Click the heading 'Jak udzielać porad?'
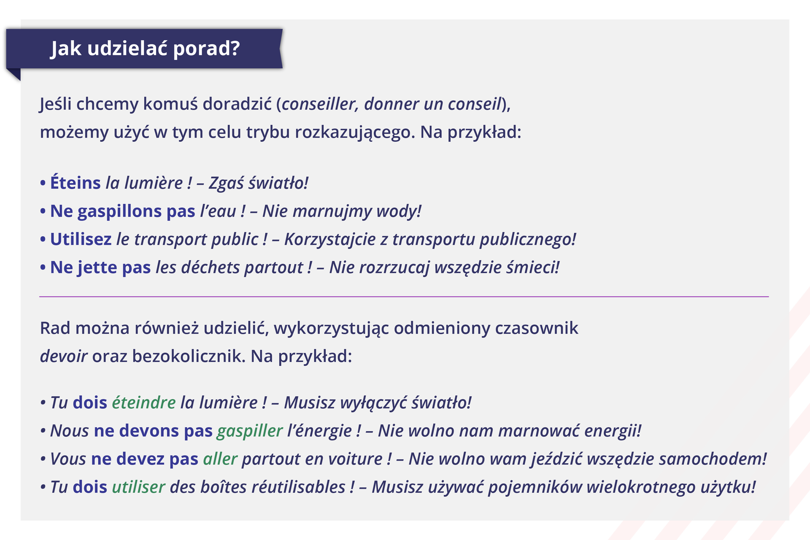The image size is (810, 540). point(145,49)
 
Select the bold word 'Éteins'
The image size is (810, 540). point(76,183)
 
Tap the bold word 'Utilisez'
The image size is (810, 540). point(81,239)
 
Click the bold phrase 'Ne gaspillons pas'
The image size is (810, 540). point(123,211)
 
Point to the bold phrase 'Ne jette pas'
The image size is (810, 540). point(100,267)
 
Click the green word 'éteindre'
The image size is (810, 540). point(144,402)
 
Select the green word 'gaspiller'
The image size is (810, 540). point(250,431)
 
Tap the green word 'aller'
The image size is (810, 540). point(220,459)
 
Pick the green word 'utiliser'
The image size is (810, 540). point(138,487)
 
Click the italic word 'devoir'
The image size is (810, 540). point(64,356)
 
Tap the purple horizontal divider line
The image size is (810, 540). point(404,297)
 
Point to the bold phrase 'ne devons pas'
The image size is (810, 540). point(153,431)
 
